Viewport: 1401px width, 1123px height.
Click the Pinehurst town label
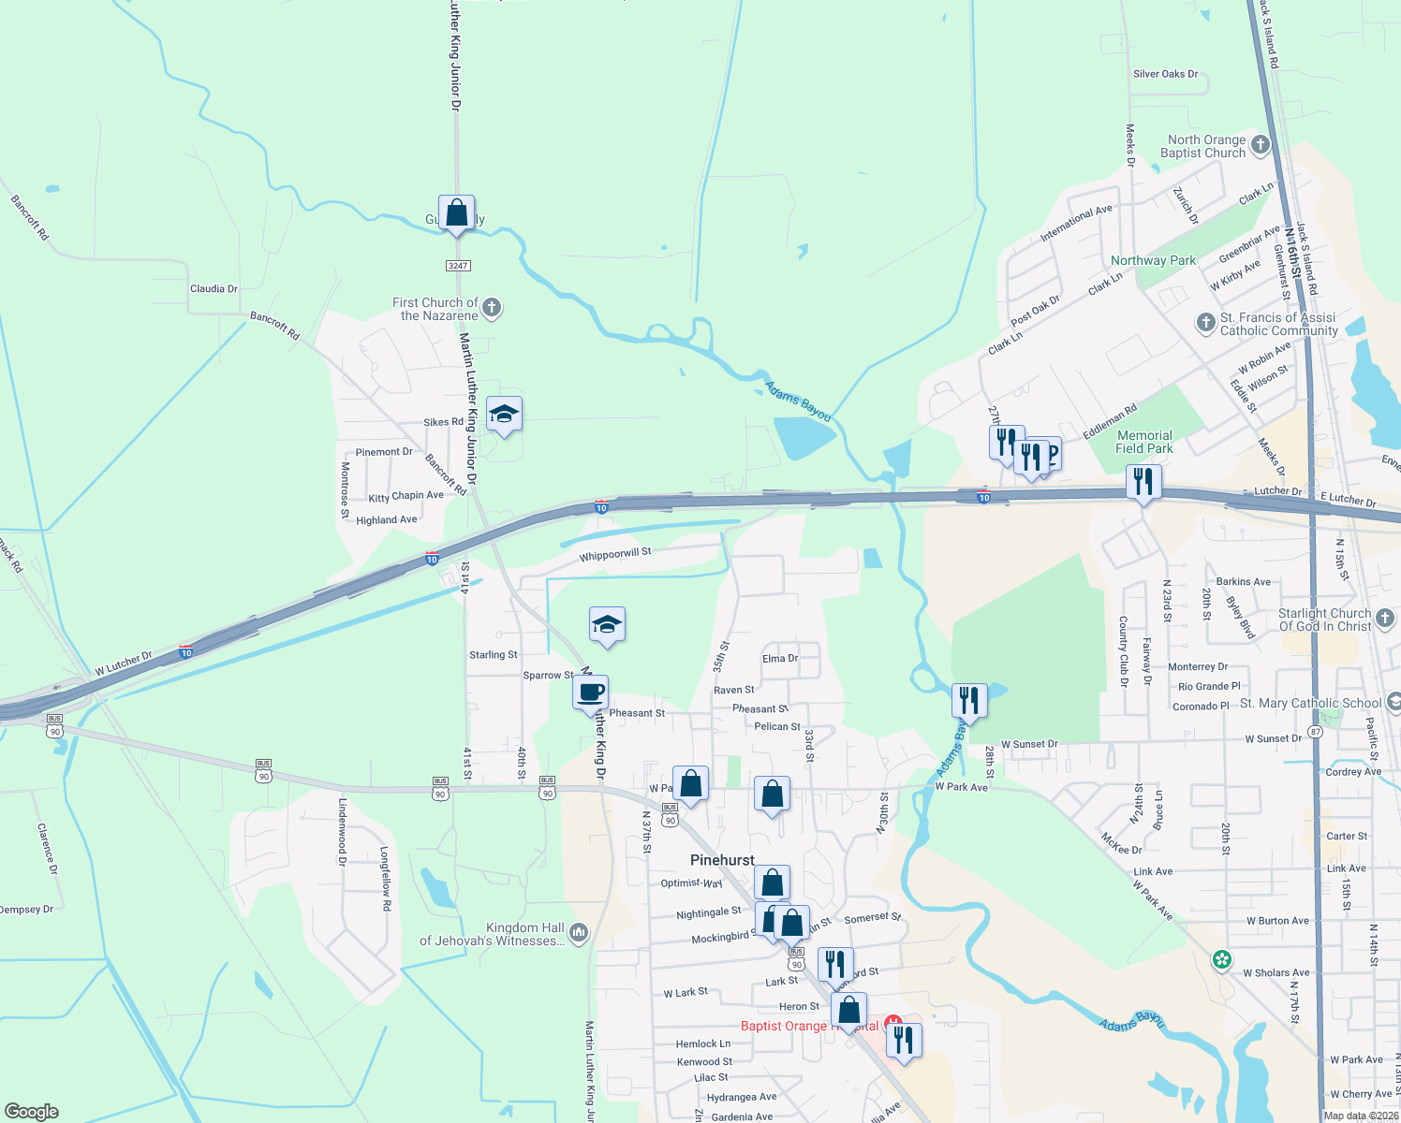(722, 860)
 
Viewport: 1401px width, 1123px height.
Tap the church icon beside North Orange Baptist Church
(1260, 144)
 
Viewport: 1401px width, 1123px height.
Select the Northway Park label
(1153, 261)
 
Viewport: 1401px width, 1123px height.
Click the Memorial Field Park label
(1144, 442)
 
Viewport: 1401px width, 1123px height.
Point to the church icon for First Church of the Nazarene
(492, 307)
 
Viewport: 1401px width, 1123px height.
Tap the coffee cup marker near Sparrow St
(591, 693)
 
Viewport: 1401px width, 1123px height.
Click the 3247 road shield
(457, 266)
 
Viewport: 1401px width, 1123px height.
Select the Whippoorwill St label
(614, 555)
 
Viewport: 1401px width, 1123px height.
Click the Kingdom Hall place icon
(579, 932)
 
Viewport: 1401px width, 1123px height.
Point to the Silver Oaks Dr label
(1165, 74)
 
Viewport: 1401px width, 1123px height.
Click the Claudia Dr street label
(214, 289)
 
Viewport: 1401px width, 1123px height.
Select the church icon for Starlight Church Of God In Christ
(1385, 618)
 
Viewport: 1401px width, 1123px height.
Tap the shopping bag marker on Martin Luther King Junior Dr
(456, 213)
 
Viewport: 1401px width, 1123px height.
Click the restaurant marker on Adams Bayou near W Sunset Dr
(969, 700)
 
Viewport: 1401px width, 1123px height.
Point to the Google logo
(31, 1112)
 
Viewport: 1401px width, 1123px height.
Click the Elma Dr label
(779, 659)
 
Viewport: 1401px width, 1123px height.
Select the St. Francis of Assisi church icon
(1206, 323)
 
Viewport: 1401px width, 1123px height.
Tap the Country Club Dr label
(1124, 651)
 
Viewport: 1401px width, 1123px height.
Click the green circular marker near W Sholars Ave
(1221, 960)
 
